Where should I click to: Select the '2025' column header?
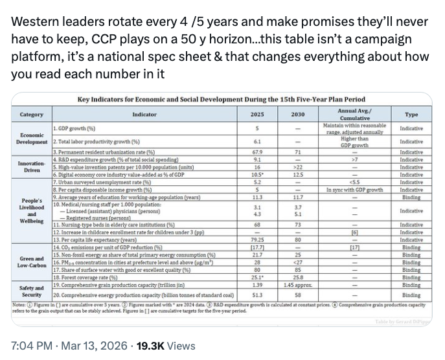[x=257, y=114]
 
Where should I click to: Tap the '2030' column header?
[x=298, y=114]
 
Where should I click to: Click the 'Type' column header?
[x=411, y=114]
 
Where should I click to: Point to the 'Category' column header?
[x=32, y=114]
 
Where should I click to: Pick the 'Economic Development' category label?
[x=32, y=137]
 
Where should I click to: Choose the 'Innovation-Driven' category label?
[x=32, y=167]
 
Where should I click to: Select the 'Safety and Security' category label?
[x=32, y=291]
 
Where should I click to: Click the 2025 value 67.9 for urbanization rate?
[x=257, y=152]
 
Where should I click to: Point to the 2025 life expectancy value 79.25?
[x=257, y=240]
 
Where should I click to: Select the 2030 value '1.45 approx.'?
[x=298, y=284]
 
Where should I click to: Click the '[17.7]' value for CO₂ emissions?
[x=257, y=247]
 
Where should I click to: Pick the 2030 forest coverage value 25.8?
[x=298, y=276]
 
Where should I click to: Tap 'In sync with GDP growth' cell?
[x=354, y=190]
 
